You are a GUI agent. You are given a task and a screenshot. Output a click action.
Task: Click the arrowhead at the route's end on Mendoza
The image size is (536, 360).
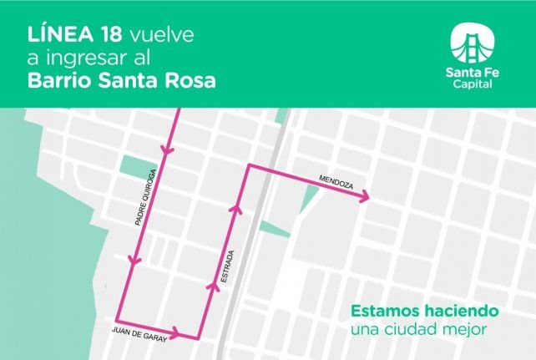tap(365, 197)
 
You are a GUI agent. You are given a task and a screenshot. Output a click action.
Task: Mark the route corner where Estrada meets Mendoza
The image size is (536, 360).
tap(246, 167)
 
